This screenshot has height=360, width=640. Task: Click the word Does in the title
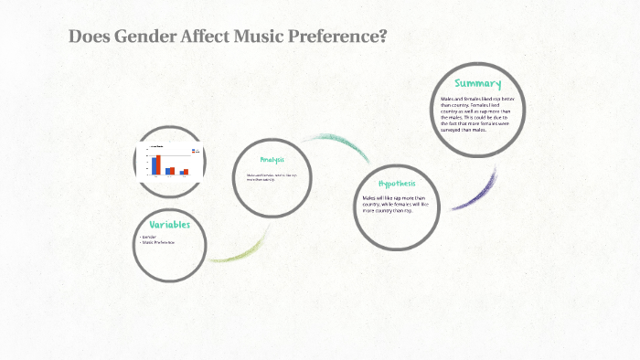(91, 38)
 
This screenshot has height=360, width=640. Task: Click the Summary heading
(478, 84)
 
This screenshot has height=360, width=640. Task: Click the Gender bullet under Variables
(149, 237)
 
